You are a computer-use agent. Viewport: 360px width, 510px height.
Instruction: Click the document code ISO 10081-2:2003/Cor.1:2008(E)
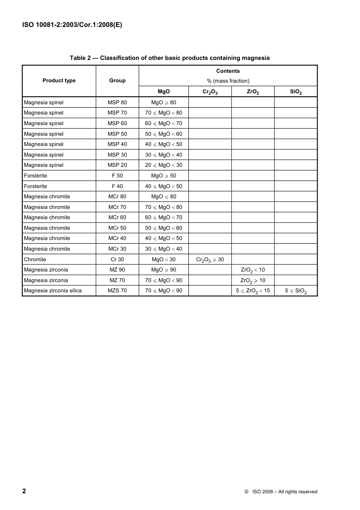[72, 25]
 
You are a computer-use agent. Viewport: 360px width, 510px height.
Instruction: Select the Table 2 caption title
[169, 58]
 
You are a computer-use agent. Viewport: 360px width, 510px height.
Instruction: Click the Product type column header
[59, 80]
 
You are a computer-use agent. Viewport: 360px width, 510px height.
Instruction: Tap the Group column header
[117, 80]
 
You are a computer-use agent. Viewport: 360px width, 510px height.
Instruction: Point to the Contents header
[228, 71]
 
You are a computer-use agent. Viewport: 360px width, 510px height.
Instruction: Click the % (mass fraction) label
[228, 81]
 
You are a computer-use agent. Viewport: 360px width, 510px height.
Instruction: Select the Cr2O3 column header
[210, 92]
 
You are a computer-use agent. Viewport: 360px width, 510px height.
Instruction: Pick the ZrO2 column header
[253, 92]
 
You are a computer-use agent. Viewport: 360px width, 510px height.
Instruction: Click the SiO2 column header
[296, 92]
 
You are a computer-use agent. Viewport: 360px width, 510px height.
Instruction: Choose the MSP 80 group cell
[117, 102]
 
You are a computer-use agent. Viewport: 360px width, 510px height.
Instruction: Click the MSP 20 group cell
[117, 165]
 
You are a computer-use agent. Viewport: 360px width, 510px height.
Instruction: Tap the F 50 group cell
[117, 176]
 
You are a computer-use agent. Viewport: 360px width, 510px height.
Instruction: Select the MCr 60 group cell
[117, 217]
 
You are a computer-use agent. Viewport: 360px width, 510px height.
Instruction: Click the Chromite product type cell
[35, 259]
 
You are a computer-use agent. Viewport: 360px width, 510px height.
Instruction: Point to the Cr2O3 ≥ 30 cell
[210, 260]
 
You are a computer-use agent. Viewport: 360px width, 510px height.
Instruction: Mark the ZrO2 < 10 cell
[253, 270]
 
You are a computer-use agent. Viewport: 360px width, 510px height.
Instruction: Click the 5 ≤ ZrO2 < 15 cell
[253, 291]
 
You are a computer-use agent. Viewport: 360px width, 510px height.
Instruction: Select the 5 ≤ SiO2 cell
[296, 291]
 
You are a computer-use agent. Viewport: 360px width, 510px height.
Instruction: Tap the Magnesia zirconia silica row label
[53, 290]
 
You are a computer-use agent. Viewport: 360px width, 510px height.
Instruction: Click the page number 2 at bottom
[24, 491]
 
